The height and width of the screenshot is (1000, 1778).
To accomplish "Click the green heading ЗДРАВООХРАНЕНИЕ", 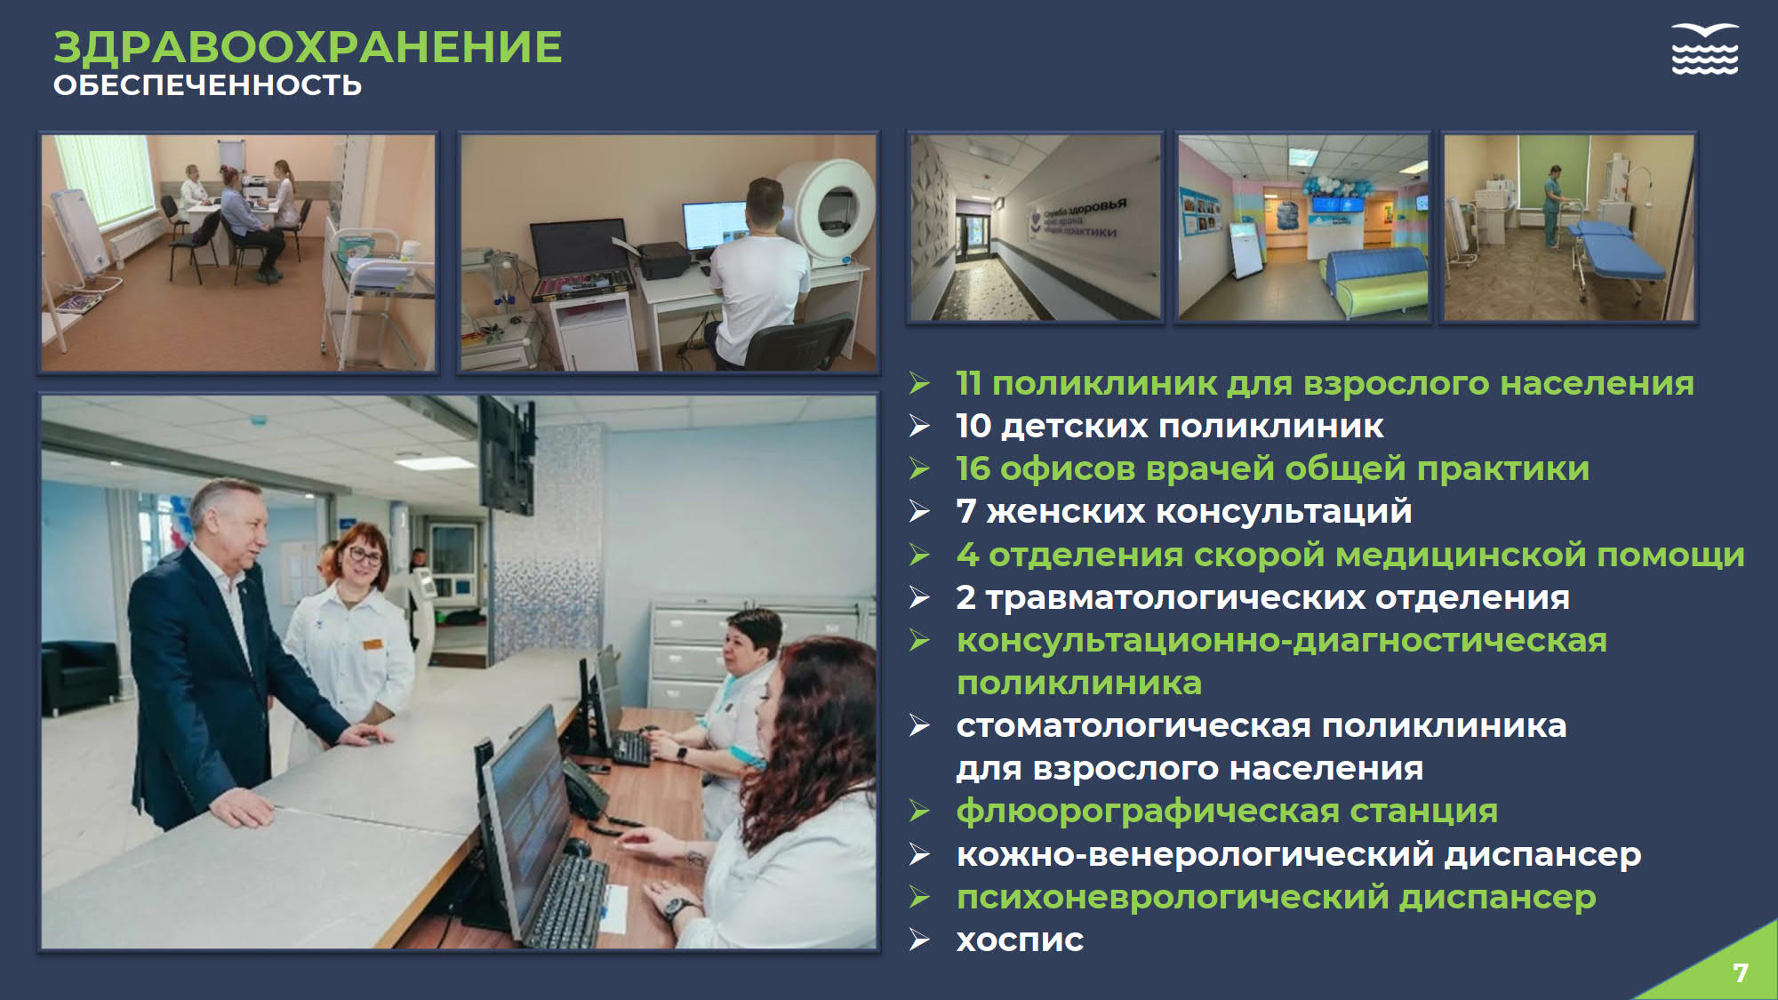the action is point(308,47).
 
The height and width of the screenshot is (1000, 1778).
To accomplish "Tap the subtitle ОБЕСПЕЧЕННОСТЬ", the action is point(208,85).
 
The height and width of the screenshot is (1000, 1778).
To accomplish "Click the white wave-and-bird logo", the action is point(1704,49).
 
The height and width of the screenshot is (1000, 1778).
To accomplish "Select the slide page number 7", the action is point(1741,972).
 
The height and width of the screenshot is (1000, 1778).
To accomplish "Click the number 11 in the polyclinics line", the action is point(968,383).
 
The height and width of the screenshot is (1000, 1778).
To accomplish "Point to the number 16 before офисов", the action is point(973,468).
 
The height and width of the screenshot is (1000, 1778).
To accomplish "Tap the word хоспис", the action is point(1020,940).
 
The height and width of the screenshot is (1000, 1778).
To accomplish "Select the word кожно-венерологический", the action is point(1195,854).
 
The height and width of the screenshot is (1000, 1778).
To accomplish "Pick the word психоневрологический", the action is point(1173,897).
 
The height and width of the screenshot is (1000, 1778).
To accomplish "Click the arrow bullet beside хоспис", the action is point(919,940).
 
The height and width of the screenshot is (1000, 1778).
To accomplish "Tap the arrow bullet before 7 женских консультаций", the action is point(919,511).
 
